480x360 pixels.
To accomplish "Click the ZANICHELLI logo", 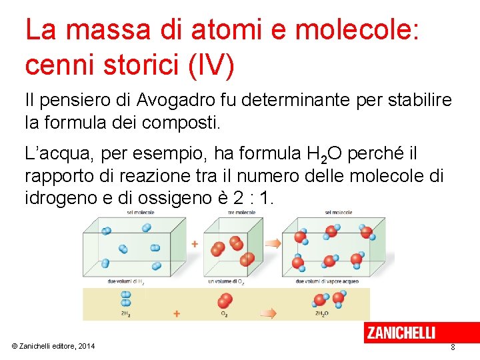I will [401, 332].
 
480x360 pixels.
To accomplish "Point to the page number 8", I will [453, 347].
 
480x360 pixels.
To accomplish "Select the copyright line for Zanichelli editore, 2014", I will [53, 345].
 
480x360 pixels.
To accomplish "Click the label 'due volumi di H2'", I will [125, 281].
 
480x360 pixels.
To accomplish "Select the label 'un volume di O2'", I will [225, 281].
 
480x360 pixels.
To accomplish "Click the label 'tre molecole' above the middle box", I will [231, 213].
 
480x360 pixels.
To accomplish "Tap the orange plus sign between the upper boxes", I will [195, 245].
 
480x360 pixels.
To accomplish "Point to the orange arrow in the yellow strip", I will [269, 312].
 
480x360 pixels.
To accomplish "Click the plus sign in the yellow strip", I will [177, 313].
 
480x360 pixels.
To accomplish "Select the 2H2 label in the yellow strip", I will [125, 313].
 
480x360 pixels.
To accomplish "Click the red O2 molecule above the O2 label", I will [225, 299].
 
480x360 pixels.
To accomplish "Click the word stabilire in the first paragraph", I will [422, 101].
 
